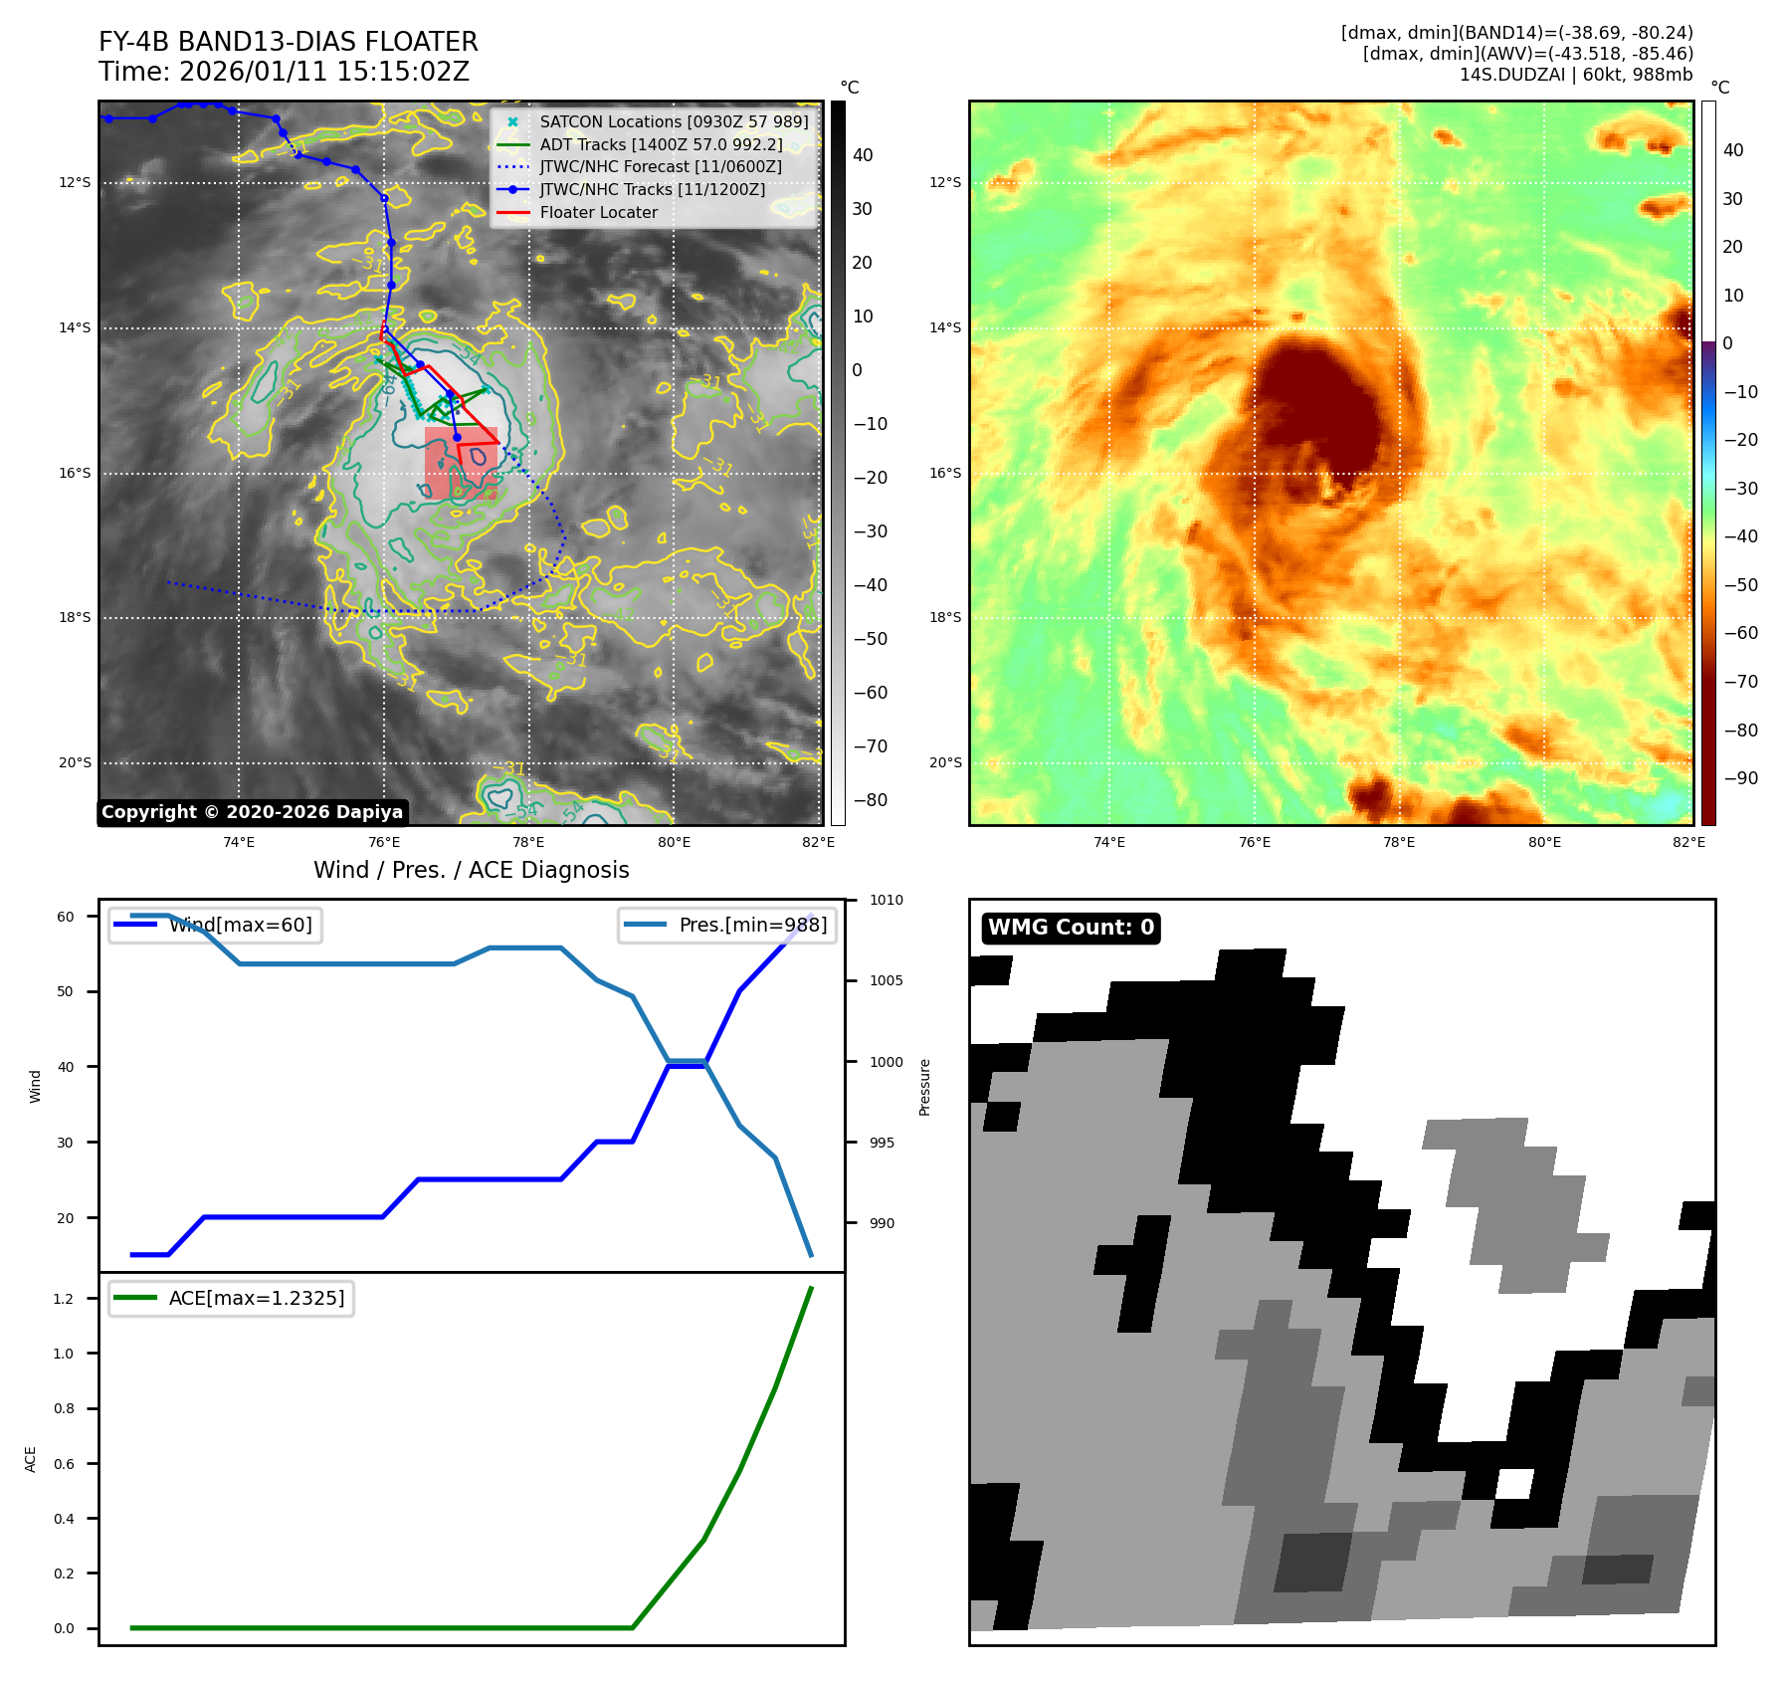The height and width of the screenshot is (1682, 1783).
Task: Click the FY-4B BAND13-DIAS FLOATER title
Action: point(288,42)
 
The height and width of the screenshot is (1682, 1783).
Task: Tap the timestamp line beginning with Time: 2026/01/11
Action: point(284,72)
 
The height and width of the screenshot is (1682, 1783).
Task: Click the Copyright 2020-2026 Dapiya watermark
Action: point(252,812)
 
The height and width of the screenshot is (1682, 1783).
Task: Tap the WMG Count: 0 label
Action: point(1071,928)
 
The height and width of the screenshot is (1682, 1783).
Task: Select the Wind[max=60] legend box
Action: point(215,925)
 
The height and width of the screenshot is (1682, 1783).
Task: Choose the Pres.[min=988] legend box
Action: point(727,925)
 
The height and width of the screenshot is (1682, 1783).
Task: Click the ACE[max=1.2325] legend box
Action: point(231,1298)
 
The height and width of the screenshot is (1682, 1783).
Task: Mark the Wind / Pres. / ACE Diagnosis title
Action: point(471,870)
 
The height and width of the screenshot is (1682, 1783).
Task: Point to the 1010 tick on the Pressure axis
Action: point(886,900)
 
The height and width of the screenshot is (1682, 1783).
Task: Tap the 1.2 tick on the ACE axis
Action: point(64,1299)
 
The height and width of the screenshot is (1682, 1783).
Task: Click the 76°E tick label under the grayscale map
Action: point(384,842)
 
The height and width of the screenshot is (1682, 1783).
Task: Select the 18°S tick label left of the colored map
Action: point(945,617)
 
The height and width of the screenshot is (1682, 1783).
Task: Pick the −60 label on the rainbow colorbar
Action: point(1740,633)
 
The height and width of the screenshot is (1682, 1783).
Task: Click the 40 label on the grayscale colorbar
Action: point(863,155)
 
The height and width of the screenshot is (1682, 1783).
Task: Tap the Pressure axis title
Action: point(924,1086)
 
